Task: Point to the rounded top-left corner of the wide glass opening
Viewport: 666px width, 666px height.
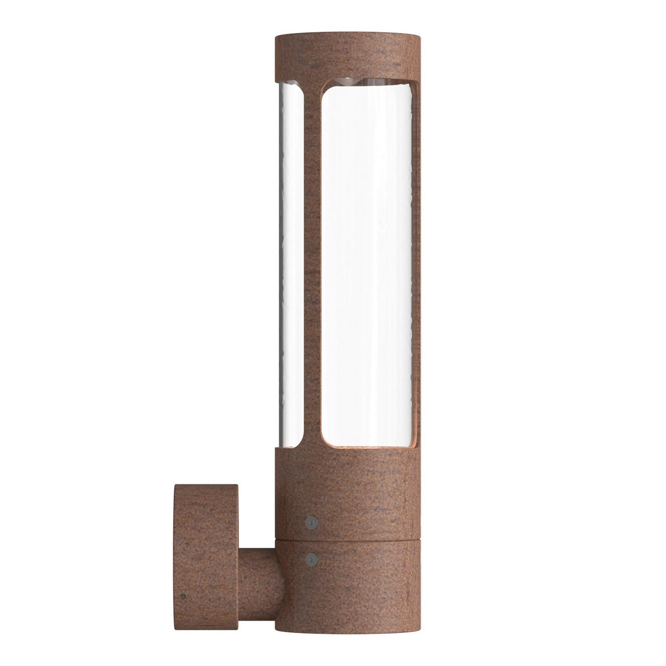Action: tap(325, 90)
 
